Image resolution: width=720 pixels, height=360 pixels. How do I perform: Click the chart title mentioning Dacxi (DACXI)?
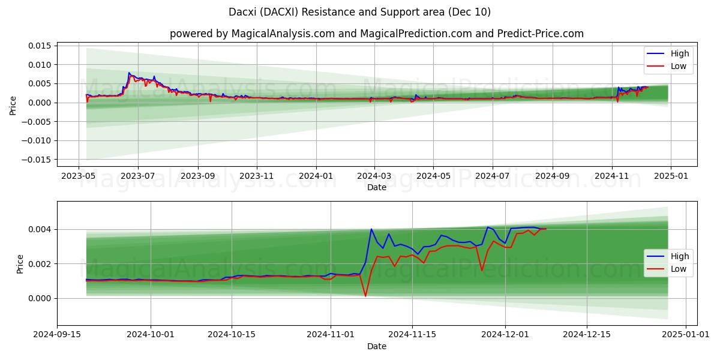(359, 12)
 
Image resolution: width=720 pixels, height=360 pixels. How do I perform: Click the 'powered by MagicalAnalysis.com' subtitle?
(376, 34)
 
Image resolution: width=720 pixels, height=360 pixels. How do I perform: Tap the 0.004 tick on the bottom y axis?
(40, 229)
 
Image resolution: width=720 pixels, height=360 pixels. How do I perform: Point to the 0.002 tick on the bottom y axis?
(40, 264)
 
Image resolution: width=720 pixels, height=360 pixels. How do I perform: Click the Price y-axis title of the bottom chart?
(20, 264)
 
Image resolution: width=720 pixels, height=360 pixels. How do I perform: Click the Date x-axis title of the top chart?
(376, 188)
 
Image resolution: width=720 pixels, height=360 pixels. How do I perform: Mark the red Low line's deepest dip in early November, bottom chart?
(365, 296)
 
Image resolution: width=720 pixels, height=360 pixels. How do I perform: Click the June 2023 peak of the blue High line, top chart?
(129, 73)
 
